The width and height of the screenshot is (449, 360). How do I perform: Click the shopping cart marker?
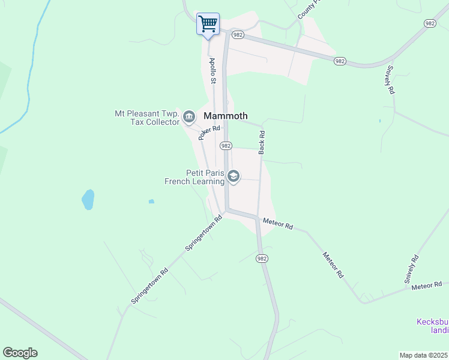[x=208, y=25]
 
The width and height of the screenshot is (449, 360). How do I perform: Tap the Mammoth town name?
[x=226, y=116]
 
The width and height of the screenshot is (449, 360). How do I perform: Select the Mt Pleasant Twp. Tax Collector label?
[x=147, y=118]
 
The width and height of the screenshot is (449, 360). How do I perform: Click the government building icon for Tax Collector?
[x=189, y=116]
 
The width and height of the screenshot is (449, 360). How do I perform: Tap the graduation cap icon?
[x=234, y=176]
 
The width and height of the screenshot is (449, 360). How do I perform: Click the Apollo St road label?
[x=212, y=70]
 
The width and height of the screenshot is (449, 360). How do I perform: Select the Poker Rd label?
[x=209, y=133]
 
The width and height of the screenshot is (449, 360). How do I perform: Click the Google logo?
[x=20, y=353]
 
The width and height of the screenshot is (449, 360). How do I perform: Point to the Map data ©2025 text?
[x=423, y=355]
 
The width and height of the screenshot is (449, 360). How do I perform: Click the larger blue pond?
[x=88, y=200]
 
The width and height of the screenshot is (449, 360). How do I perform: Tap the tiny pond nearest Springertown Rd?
[x=151, y=201]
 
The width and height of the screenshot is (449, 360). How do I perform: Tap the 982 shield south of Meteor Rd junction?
[x=261, y=258]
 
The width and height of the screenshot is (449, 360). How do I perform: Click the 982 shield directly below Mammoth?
[x=226, y=146]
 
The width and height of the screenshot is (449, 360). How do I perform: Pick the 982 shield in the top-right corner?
[x=429, y=23]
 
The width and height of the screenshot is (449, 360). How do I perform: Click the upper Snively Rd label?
[x=390, y=79]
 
